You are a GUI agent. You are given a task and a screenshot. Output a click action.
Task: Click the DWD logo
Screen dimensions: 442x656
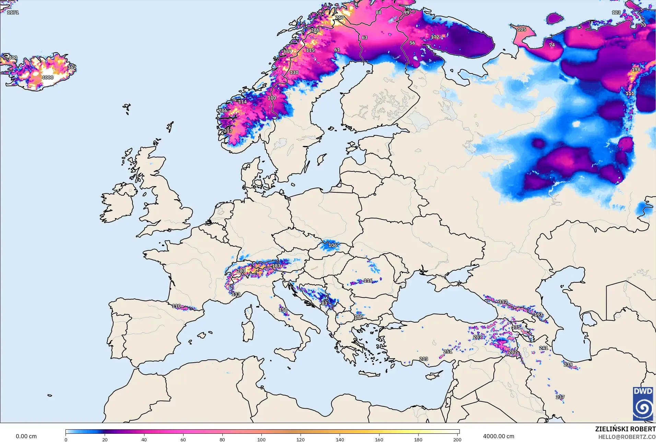point(643,404)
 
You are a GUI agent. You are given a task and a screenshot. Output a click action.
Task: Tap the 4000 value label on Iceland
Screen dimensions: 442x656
point(48,78)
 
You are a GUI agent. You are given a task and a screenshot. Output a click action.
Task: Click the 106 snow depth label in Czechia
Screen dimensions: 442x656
point(332,245)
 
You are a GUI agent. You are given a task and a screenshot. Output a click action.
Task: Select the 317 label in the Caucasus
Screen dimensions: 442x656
point(503,302)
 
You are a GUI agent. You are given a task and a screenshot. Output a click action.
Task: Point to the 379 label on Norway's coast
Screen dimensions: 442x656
point(287,52)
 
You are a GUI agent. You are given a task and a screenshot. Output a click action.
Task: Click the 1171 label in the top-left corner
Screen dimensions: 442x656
point(13,12)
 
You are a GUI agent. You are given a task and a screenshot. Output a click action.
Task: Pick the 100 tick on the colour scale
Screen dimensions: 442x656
point(261,439)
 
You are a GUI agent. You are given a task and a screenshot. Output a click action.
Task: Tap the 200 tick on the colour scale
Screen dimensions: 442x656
point(457,439)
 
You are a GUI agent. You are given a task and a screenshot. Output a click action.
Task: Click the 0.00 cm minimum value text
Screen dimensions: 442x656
point(26,436)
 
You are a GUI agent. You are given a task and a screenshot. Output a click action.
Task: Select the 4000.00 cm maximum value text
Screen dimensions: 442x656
point(499,436)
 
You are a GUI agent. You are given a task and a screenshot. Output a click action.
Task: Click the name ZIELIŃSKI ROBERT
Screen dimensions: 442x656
point(625,429)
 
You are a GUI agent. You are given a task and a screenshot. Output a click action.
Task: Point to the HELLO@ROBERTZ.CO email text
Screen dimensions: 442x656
point(627,437)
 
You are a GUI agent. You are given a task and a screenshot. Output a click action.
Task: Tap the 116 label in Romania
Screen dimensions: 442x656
point(368,281)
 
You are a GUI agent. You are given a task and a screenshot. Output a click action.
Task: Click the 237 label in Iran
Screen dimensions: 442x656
point(560,397)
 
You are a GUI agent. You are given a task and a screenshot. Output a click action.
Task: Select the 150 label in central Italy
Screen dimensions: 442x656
point(283,310)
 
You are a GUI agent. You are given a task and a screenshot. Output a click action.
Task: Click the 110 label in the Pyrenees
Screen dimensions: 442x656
point(176,306)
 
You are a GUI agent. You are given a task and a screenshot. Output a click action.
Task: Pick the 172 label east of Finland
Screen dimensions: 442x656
point(435,37)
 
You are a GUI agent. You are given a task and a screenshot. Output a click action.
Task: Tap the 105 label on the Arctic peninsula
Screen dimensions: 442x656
point(522,30)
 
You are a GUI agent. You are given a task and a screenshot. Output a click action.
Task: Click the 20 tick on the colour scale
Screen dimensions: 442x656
point(105,439)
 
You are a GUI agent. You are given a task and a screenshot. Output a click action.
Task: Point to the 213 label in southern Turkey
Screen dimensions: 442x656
point(423,359)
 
